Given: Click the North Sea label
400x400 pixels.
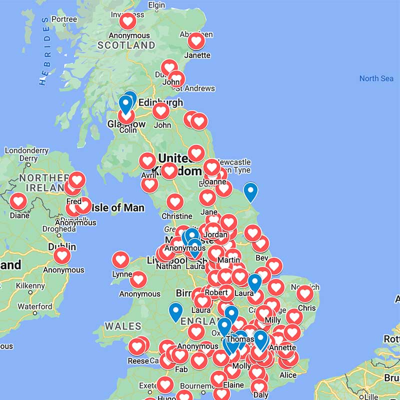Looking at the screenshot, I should click(x=376, y=78).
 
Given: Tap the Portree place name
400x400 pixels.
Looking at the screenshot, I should click(x=64, y=19).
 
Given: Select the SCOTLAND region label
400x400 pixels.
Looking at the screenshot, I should click(x=126, y=45).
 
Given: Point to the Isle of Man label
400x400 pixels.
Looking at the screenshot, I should click(x=118, y=207).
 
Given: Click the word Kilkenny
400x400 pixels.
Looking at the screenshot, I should click(x=29, y=285).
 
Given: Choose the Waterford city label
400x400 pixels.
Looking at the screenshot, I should click(x=34, y=306).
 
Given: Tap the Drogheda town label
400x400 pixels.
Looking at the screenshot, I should click(x=59, y=229).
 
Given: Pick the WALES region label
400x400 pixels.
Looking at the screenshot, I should click(x=123, y=326).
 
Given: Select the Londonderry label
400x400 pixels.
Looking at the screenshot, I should click(x=26, y=150).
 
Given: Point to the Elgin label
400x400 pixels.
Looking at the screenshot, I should click(x=156, y=5).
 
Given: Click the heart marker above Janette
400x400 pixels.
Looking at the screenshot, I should click(x=196, y=41).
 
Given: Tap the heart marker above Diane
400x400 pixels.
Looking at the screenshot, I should click(x=19, y=201).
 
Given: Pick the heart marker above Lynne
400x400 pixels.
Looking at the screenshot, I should click(x=120, y=259).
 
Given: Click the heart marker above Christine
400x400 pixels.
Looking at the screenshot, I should click(x=175, y=202).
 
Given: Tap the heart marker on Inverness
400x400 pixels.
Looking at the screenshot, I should click(x=127, y=21).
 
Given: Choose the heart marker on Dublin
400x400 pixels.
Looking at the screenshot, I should click(x=62, y=255).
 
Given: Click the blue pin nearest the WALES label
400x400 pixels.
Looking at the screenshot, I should click(x=175, y=311).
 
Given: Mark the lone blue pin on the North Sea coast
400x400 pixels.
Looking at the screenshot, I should click(x=250, y=191).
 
